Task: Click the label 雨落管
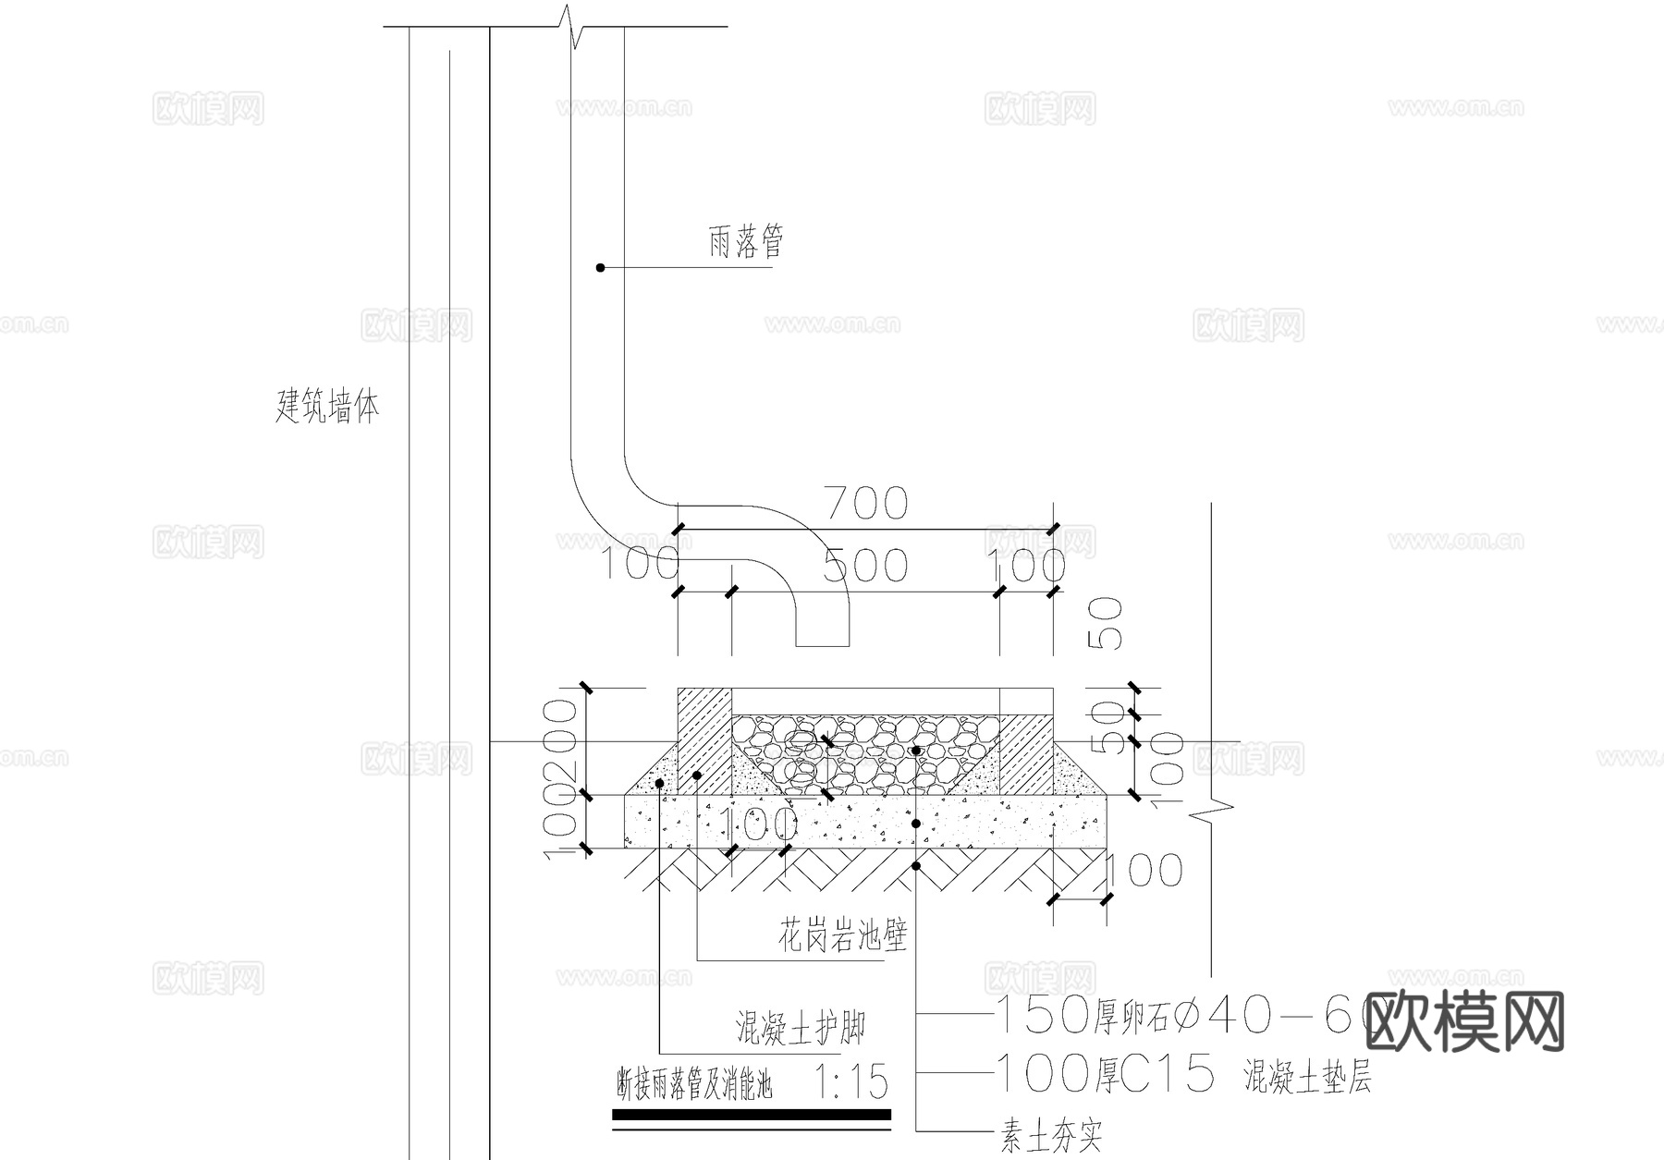pyautogui.click(x=746, y=244)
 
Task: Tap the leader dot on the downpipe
pyautogui.click(x=600, y=268)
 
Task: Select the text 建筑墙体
pyautogui.click(x=327, y=406)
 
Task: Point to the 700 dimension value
pyautogui.click(x=866, y=504)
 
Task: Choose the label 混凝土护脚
pyautogui.click(x=800, y=1026)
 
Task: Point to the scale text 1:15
pyautogui.click(x=852, y=1081)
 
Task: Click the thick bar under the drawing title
pyautogui.click(x=751, y=1116)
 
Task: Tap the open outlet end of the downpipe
pyautogui.click(x=822, y=644)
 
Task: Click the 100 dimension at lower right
pyautogui.click(x=1143, y=870)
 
